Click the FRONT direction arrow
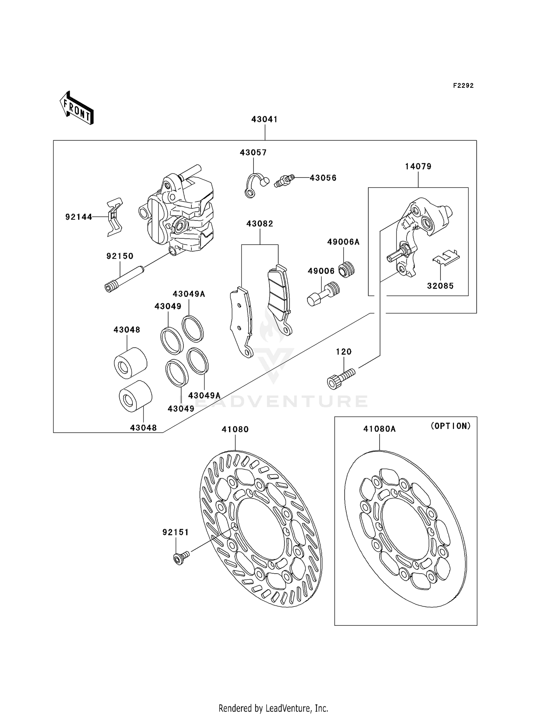(77, 108)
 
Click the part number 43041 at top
(264, 120)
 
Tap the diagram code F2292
(463, 86)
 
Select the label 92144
(79, 217)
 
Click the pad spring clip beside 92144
(115, 217)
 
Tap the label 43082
(260, 224)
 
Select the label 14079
(418, 167)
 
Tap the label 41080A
(379, 429)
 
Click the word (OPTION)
(450, 426)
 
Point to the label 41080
(235, 429)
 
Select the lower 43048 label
(143, 428)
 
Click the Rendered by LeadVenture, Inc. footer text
(273, 708)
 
